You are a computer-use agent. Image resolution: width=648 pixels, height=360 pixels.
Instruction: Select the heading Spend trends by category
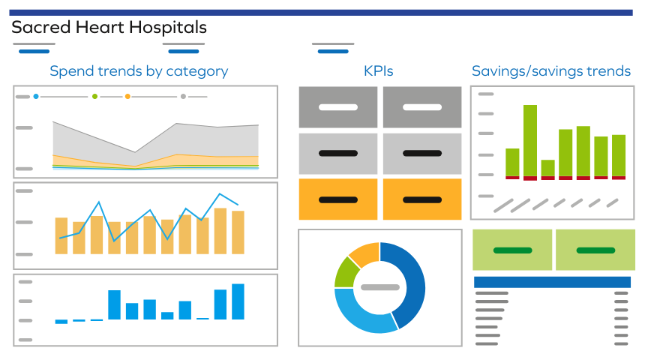(139, 71)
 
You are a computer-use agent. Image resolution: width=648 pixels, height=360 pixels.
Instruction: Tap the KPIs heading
(379, 71)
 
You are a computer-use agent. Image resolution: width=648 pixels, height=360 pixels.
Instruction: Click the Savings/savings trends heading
(551, 71)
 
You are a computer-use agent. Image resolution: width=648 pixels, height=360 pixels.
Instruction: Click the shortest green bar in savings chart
(548, 168)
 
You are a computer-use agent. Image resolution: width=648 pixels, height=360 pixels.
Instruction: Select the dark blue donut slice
(409, 281)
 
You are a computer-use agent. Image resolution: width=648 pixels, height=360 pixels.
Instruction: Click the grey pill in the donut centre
(379, 287)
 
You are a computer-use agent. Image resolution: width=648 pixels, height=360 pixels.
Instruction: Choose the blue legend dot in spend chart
(36, 97)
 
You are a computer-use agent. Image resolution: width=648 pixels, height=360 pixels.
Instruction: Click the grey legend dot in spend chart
(183, 97)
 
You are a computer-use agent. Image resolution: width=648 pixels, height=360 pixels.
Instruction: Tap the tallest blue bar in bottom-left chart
(238, 301)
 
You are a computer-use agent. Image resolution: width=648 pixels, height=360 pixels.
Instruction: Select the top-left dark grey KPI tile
(338, 107)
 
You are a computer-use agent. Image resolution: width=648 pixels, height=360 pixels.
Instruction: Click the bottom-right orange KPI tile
(422, 199)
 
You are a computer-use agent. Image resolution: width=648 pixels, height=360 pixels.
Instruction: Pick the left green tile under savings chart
(512, 250)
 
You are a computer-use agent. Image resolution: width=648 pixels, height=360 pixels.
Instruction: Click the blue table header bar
(552, 282)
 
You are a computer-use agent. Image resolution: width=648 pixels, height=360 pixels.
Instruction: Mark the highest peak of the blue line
(220, 194)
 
